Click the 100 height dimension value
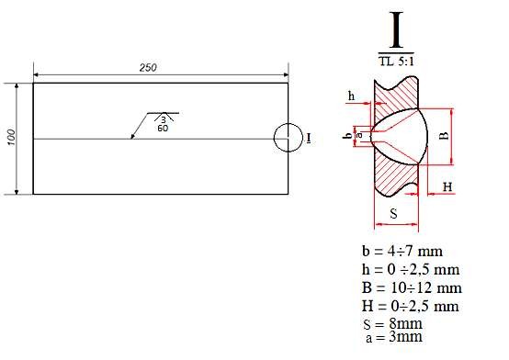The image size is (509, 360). click(x=10, y=137)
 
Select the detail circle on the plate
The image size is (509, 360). click(x=288, y=138)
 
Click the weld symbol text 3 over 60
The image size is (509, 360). click(x=163, y=123)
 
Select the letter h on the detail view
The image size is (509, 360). click(x=351, y=95)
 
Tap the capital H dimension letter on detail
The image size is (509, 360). click(x=447, y=186)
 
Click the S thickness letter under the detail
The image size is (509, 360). click(x=393, y=213)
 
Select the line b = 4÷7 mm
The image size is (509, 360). click(x=403, y=251)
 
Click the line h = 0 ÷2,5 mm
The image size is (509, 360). click(x=410, y=269)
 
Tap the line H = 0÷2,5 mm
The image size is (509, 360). click(x=410, y=306)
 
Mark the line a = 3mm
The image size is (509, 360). click(x=394, y=338)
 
